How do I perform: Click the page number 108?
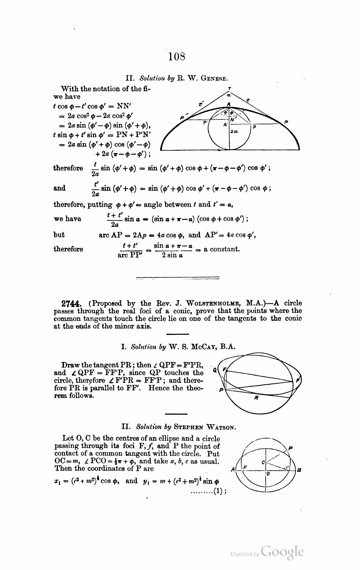coord(177,56)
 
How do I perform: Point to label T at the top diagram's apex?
coord(230,88)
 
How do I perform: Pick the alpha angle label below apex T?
coord(228,95)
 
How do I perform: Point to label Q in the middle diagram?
coord(215,371)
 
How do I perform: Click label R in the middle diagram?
coord(257,398)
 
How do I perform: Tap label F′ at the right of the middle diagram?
coord(298,380)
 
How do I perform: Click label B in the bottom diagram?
coord(299,470)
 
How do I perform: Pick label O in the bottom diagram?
coord(268,474)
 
